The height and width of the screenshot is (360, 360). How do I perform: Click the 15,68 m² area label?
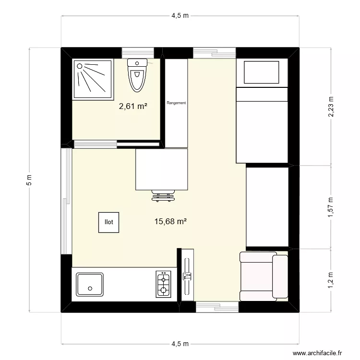click(x=170, y=221)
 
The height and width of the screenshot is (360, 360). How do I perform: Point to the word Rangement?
click(x=176, y=103)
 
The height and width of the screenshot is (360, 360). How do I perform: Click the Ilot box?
click(x=109, y=222)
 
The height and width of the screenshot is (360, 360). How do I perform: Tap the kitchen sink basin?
click(x=89, y=285)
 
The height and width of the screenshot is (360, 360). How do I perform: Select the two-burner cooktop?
click(x=163, y=284)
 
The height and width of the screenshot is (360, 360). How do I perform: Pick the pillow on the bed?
click(x=262, y=72)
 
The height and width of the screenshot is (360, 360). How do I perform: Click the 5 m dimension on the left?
click(x=30, y=180)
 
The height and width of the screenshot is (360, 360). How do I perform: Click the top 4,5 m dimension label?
click(x=180, y=16)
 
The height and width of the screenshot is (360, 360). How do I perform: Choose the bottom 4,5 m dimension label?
click(x=180, y=344)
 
